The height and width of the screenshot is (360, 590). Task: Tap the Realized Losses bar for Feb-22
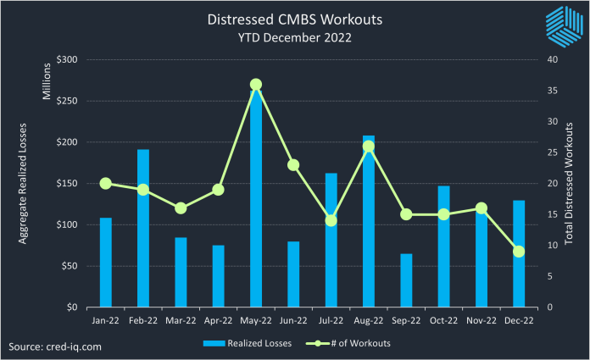pos(143,228)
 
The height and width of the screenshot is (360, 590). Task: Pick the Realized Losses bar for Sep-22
pos(406,280)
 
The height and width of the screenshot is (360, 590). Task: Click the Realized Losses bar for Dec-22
pos(519,253)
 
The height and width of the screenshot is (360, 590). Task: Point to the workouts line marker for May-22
pos(256,85)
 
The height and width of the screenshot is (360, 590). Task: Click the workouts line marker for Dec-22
pos(519,252)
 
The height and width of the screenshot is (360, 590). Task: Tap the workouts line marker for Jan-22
pos(106,183)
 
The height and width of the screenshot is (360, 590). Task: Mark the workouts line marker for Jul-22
pos(331,220)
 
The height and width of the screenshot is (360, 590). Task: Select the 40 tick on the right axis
pos(553,60)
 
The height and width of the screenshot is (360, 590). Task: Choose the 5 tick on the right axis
pos(550,276)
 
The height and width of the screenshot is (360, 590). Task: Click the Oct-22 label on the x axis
pos(443,321)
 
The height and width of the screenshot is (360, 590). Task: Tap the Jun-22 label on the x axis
pos(293,321)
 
